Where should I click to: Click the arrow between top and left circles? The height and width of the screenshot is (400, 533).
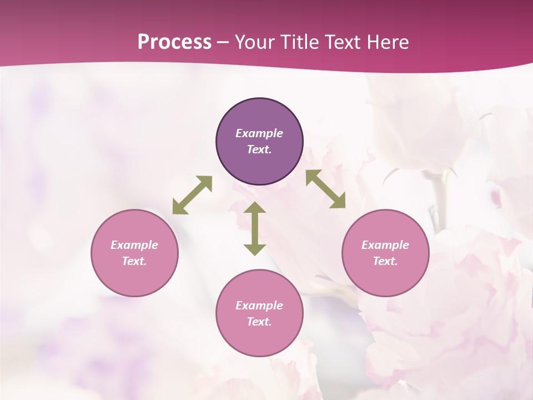pos(192,195)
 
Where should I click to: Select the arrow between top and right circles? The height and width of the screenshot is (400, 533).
pos(326,189)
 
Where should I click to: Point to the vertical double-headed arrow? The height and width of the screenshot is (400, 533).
pos(255,229)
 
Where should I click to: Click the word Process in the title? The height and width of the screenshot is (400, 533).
pos(174,42)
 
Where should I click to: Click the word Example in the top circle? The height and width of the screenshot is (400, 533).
pos(259,133)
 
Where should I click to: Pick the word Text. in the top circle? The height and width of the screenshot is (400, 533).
pos(259,149)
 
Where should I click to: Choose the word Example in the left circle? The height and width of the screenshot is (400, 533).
pos(134,245)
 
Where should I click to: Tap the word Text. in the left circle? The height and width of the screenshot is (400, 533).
pos(134,261)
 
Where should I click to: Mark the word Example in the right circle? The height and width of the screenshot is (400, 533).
pos(385,245)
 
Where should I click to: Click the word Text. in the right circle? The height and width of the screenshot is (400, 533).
pos(385,261)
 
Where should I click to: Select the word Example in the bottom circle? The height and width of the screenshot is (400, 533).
pos(259,306)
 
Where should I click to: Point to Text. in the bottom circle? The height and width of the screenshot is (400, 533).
pos(259,322)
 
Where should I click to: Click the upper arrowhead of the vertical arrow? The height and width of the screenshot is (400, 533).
pos(255,208)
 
